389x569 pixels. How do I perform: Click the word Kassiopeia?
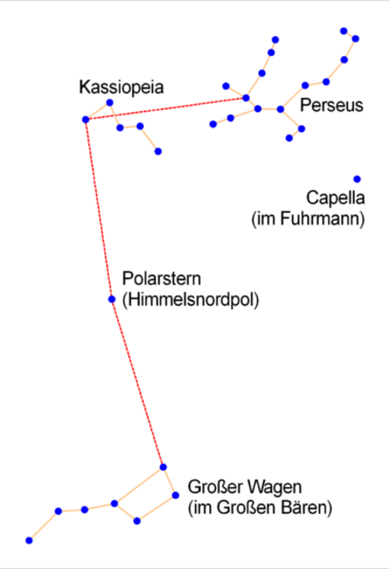tap(121, 88)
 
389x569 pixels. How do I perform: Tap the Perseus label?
tap(331, 105)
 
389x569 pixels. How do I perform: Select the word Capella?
tap(335, 198)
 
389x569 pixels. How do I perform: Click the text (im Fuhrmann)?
tap(308, 219)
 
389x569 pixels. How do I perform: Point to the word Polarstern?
tap(161, 279)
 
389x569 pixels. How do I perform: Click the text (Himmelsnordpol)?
tap(191, 300)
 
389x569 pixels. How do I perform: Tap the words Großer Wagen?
tap(244, 486)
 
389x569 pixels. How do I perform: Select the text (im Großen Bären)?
tap(260, 508)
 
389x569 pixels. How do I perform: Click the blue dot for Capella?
tap(357, 179)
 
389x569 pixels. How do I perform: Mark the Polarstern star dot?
tap(112, 299)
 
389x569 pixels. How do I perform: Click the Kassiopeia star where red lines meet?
tap(85, 119)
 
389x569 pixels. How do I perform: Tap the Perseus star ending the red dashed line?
tap(246, 98)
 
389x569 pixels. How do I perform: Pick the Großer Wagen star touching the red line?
tap(163, 467)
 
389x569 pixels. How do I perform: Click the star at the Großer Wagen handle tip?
tap(29, 541)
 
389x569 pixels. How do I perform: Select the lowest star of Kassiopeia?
tap(158, 151)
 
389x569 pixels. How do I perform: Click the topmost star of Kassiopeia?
tap(110, 103)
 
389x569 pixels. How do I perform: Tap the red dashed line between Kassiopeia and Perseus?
tap(166, 109)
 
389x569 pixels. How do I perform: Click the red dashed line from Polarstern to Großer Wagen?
tap(138, 383)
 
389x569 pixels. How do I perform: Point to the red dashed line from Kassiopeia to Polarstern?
tap(99, 209)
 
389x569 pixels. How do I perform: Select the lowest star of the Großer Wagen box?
tap(137, 521)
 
